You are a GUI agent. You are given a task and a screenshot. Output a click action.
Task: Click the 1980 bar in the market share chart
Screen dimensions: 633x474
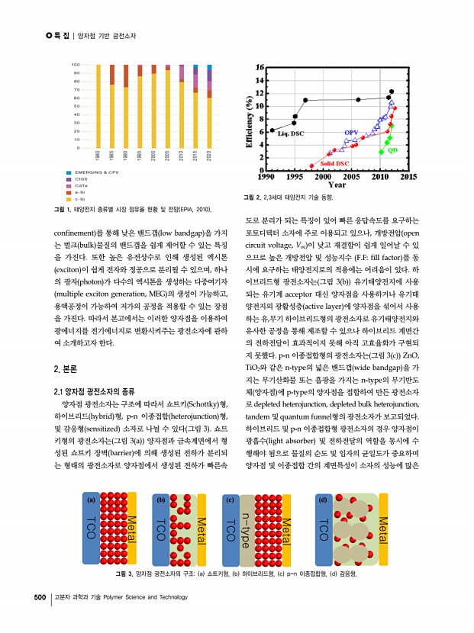(x=98, y=107)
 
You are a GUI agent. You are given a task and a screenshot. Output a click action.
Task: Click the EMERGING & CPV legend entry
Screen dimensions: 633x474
(x=101, y=173)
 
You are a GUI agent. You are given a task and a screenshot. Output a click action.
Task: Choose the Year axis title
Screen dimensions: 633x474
(x=337, y=184)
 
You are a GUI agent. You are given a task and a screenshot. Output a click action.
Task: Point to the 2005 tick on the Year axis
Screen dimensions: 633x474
(x=351, y=177)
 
